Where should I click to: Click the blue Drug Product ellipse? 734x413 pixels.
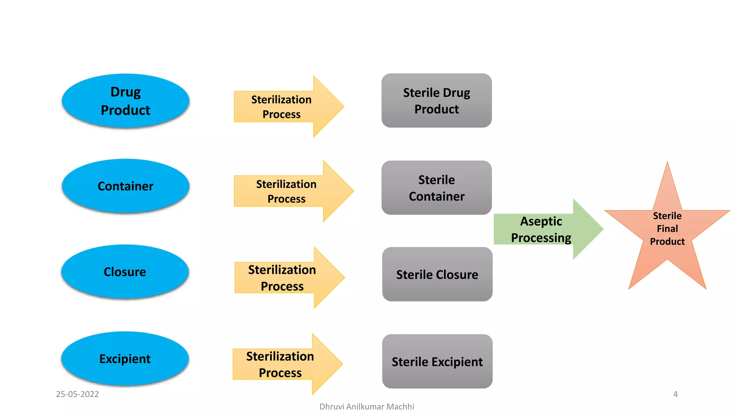click(125, 101)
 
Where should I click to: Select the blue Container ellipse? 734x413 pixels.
click(125, 186)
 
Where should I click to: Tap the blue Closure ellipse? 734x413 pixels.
click(125, 272)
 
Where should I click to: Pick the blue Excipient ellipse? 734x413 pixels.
click(125, 359)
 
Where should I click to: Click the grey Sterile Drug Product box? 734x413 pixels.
click(437, 101)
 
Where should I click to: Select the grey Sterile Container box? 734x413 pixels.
click(437, 188)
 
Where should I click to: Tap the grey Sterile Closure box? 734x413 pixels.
click(437, 274)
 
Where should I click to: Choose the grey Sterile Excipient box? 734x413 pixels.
click(437, 361)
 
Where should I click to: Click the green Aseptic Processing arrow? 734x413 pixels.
click(545, 229)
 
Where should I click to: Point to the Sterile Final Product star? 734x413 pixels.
click(667, 229)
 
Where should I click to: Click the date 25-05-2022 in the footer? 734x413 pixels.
click(77, 394)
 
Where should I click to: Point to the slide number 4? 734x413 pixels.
click(675, 394)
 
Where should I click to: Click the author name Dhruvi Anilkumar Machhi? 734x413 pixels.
click(367, 407)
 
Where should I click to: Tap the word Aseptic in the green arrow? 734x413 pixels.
click(541, 222)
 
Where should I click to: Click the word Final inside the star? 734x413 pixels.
click(667, 229)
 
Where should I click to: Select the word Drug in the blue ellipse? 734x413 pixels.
click(125, 92)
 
